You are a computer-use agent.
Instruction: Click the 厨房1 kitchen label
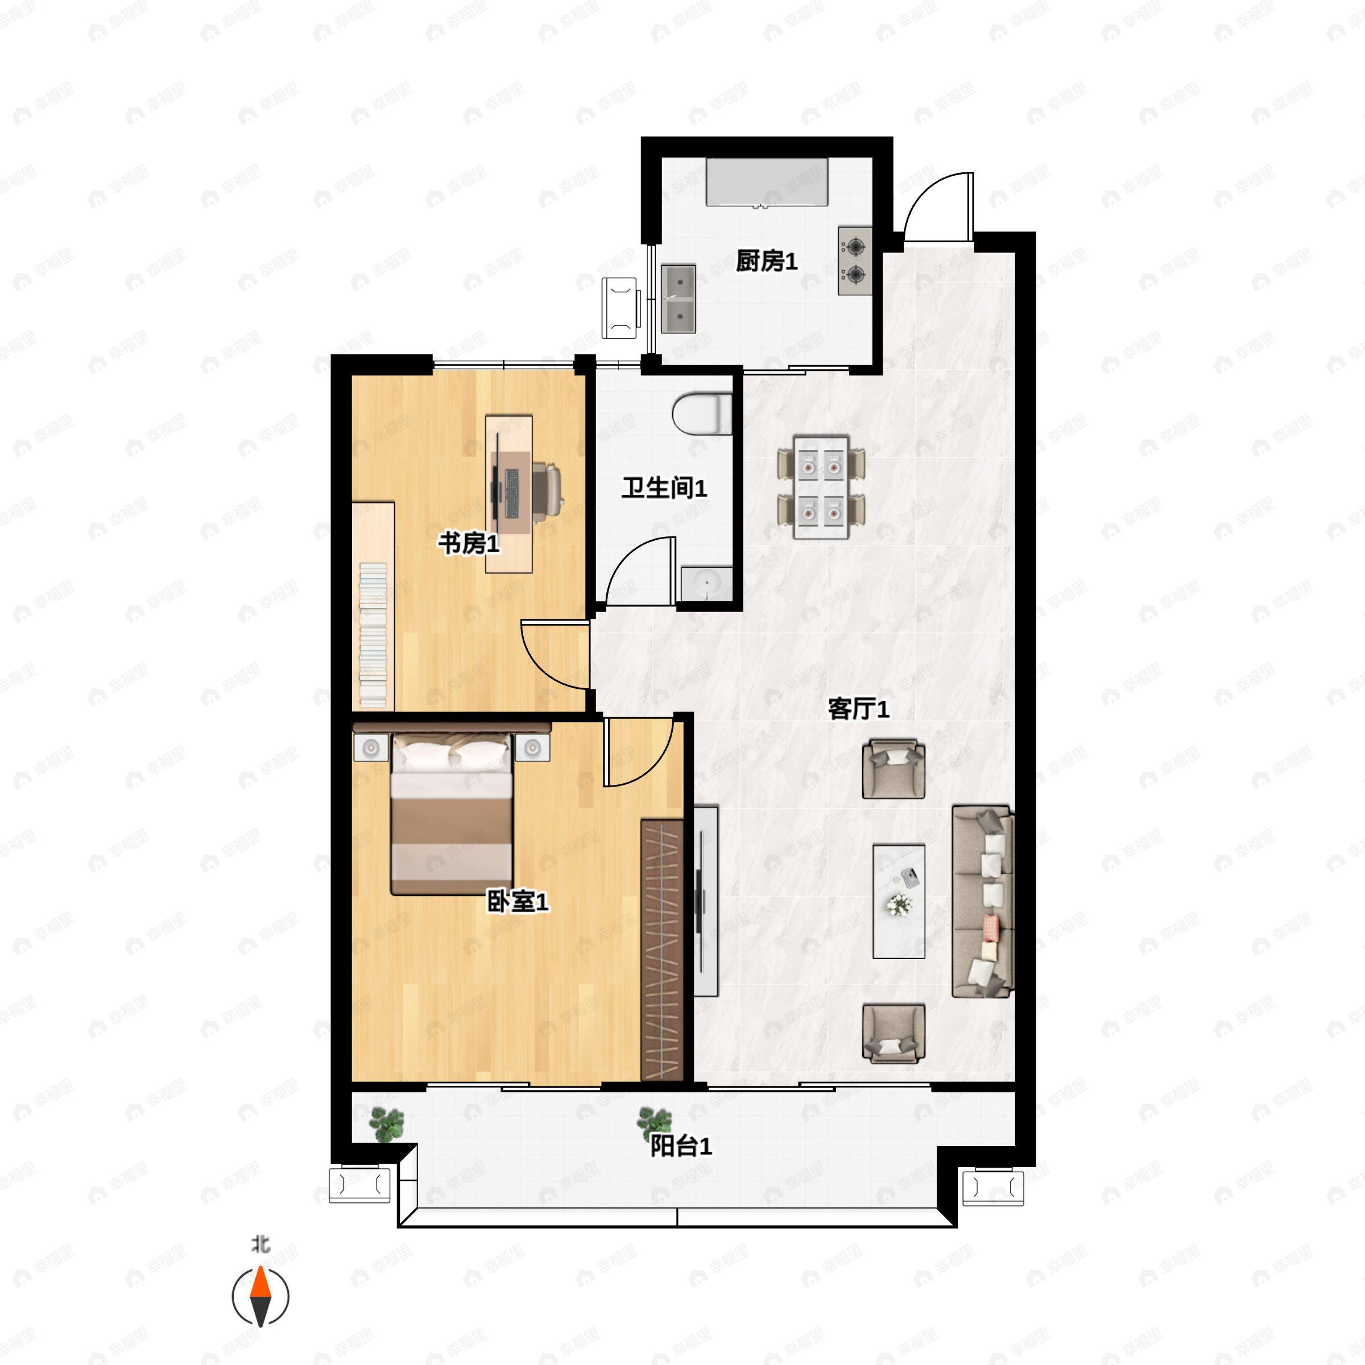pyautogui.click(x=766, y=262)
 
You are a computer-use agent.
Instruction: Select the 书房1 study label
pyautogui.click(x=469, y=543)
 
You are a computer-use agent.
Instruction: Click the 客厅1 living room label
pyautogui.click(x=858, y=709)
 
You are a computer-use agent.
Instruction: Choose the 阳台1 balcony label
pyautogui.click(x=680, y=1146)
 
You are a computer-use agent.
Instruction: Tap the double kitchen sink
pyautogui.click(x=679, y=298)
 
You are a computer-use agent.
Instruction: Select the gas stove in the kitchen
pyautogui.click(x=855, y=260)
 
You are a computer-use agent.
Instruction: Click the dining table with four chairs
pyautogui.click(x=820, y=487)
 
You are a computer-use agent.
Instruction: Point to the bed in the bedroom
pyautogui.click(x=452, y=813)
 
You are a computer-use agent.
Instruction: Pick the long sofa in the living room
pyautogui.click(x=982, y=901)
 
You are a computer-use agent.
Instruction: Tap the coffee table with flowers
pyautogui.click(x=899, y=901)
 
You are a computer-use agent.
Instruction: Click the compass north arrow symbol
pyautogui.click(x=260, y=1297)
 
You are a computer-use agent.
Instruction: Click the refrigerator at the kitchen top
pyautogui.click(x=767, y=181)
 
